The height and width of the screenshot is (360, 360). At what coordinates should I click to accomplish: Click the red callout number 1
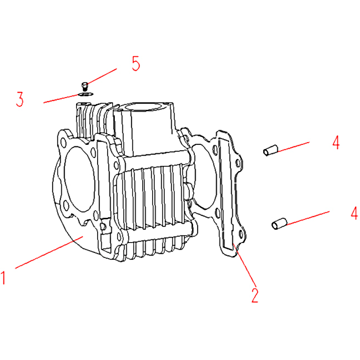3,278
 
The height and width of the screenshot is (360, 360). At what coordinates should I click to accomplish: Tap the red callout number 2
255,295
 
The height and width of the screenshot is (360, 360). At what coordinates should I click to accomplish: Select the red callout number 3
20,99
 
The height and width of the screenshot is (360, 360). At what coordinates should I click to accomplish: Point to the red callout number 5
136,63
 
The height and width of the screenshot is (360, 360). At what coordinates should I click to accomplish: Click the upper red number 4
336,143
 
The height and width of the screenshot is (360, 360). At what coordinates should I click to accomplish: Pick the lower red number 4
354,213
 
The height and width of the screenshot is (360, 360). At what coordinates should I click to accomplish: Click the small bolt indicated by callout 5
85,86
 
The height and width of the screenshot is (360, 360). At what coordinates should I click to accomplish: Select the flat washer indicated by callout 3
85,94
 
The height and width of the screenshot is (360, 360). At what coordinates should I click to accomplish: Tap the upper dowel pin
270,150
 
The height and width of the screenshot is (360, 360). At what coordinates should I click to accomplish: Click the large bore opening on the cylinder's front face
79,179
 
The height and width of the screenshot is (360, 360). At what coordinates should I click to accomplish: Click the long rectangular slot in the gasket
226,194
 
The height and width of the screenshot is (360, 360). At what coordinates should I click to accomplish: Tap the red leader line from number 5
102,76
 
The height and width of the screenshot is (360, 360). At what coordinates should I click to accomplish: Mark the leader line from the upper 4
293,147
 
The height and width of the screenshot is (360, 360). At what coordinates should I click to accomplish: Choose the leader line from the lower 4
308,218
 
